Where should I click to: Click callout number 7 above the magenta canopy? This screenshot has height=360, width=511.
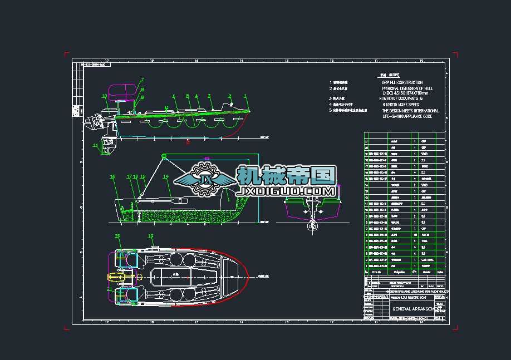pos(142,80)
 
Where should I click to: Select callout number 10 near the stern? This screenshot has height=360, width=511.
pos(104,96)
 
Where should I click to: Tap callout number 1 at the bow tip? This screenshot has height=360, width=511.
pos(245,96)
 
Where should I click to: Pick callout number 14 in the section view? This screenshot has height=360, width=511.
pos(165,177)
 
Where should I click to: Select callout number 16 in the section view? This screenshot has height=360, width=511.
pos(112,177)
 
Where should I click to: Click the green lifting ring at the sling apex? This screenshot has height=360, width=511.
pos(164,155)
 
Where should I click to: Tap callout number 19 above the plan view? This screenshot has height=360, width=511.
pos(151,236)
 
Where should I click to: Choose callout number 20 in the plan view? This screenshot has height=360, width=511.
pos(117,236)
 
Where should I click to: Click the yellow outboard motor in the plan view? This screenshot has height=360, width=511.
pos(118,277)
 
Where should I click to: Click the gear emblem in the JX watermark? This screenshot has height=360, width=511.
pos(207,179)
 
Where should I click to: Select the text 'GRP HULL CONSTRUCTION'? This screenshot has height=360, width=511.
pos(402,83)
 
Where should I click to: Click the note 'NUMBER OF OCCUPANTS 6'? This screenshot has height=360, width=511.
pos(402,98)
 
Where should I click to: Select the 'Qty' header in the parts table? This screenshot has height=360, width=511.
pos(414,272)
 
